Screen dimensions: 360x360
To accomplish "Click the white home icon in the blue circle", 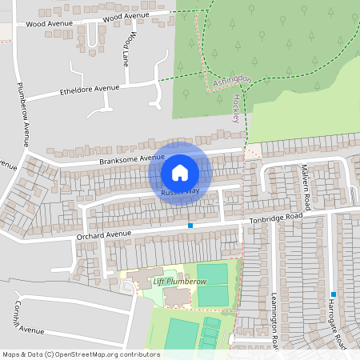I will (180, 172).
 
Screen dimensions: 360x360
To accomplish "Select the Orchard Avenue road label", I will (103, 234).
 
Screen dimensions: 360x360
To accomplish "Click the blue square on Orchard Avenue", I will (190, 226).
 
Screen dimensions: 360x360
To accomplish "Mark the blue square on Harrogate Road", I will (333, 294).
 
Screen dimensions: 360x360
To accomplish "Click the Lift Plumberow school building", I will (176, 296).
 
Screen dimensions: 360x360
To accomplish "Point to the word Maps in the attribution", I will (12, 354).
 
